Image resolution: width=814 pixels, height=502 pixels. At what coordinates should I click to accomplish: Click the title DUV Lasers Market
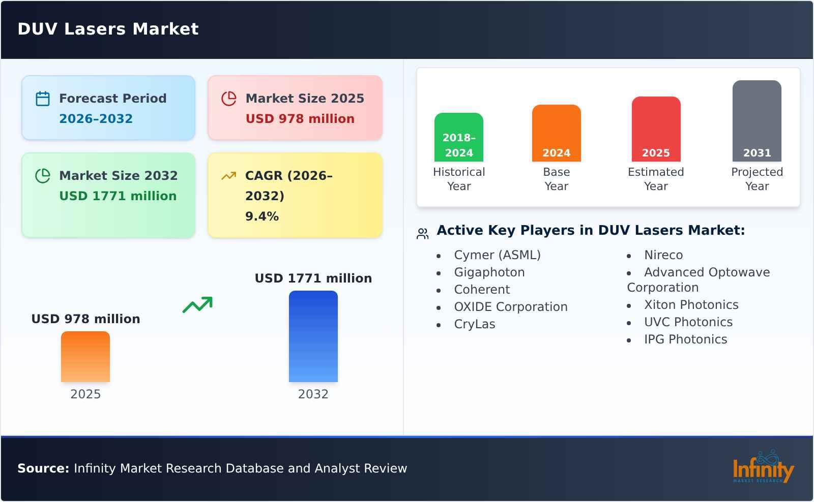tap(108, 29)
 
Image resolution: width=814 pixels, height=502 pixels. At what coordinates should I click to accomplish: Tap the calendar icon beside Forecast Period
tap(43, 99)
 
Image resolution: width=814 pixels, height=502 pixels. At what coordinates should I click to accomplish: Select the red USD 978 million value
tap(300, 119)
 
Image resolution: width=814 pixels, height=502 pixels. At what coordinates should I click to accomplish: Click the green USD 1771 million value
tap(118, 196)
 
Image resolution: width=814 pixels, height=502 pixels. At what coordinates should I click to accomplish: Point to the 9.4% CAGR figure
tap(261, 216)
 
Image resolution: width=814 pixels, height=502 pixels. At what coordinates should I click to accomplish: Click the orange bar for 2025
tap(85, 357)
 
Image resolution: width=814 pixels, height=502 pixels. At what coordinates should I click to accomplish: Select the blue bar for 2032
tap(313, 336)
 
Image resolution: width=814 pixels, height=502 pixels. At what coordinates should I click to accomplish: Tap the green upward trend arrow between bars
tap(197, 305)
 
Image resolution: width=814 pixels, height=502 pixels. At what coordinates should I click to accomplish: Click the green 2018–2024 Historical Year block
tap(458, 137)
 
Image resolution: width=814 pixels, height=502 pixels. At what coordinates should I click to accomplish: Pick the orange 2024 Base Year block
tap(556, 133)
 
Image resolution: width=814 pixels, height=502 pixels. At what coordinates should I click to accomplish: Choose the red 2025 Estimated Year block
tap(656, 129)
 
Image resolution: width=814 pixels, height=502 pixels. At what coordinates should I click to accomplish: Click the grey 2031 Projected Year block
tap(757, 121)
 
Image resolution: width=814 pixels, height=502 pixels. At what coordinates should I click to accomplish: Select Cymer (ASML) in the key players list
tap(497, 255)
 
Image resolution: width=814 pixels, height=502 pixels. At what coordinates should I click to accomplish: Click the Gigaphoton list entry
tap(489, 272)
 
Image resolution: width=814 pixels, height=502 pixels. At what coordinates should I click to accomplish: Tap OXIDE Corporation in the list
tap(510, 307)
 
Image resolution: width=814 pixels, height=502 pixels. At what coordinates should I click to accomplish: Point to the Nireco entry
tap(663, 255)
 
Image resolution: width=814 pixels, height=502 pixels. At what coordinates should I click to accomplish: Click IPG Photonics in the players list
tap(685, 339)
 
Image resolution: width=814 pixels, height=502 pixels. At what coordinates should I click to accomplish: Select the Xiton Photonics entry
tap(691, 305)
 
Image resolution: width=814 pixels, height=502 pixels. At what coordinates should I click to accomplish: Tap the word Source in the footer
tap(43, 468)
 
